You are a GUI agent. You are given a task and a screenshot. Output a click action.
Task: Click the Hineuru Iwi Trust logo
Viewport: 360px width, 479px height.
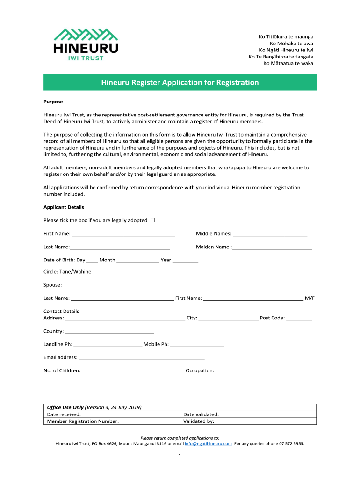(x=86, y=44)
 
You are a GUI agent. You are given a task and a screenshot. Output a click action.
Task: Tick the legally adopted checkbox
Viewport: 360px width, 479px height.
(x=153, y=220)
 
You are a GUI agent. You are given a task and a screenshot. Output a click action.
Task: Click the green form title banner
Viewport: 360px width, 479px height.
(x=180, y=82)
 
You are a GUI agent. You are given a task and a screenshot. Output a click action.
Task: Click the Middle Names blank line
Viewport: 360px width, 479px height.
(x=270, y=233)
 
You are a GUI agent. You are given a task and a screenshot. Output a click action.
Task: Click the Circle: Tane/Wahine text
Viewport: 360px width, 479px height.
(x=67, y=271)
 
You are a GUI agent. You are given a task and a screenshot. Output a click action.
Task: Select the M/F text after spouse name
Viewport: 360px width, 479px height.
(x=310, y=298)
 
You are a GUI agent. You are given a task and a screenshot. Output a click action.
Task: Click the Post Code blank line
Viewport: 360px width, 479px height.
(x=299, y=318)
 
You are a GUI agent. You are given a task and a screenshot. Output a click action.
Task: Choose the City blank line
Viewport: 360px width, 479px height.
(x=228, y=318)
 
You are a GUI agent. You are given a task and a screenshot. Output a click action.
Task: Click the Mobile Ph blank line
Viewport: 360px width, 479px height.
(x=197, y=344)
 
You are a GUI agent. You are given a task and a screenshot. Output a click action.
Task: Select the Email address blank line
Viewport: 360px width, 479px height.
(x=142, y=357)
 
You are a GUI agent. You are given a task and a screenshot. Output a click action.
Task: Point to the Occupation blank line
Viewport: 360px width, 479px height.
(x=264, y=370)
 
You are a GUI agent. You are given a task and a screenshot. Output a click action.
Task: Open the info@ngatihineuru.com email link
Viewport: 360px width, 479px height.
(x=209, y=444)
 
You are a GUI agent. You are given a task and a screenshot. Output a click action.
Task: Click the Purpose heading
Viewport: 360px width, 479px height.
(x=53, y=102)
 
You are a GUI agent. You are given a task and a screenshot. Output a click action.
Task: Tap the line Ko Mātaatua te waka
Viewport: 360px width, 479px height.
(x=288, y=63)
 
